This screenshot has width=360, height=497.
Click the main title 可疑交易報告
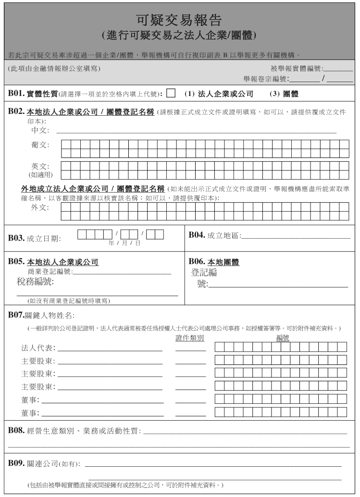click(179, 20)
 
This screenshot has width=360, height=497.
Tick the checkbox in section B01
click(171, 93)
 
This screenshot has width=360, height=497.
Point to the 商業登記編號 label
click(50, 272)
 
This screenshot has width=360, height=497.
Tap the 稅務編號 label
click(35, 281)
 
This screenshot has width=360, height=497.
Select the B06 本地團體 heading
click(214, 262)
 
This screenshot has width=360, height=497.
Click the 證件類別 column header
click(190, 338)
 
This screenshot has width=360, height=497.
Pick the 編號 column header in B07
click(283, 338)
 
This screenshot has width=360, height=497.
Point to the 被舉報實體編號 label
click(297, 69)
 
